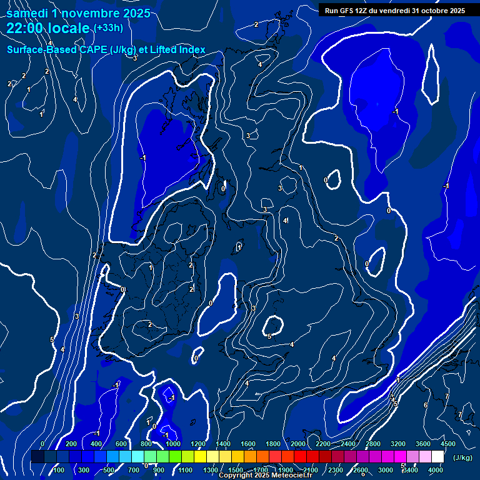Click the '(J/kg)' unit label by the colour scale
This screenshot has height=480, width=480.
click(462, 457)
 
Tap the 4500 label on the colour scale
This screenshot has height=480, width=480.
click(447, 444)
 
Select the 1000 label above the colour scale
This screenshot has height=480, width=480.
click(173, 444)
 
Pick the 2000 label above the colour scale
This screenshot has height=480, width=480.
click(298, 444)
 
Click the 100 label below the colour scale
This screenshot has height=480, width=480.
click(58, 470)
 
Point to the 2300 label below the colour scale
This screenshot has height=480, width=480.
click(335, 470)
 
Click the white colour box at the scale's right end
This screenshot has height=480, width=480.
click(437, 457)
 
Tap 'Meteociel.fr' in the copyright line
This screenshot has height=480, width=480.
click(291, 476)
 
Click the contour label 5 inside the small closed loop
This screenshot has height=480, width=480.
click(269, 336)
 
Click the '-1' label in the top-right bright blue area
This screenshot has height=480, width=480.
click(395, 111)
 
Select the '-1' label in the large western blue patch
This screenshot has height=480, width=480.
click(142, 158)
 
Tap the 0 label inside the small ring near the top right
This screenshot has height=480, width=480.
click(326, 181)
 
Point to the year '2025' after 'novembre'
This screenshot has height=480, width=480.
click(134, 13)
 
